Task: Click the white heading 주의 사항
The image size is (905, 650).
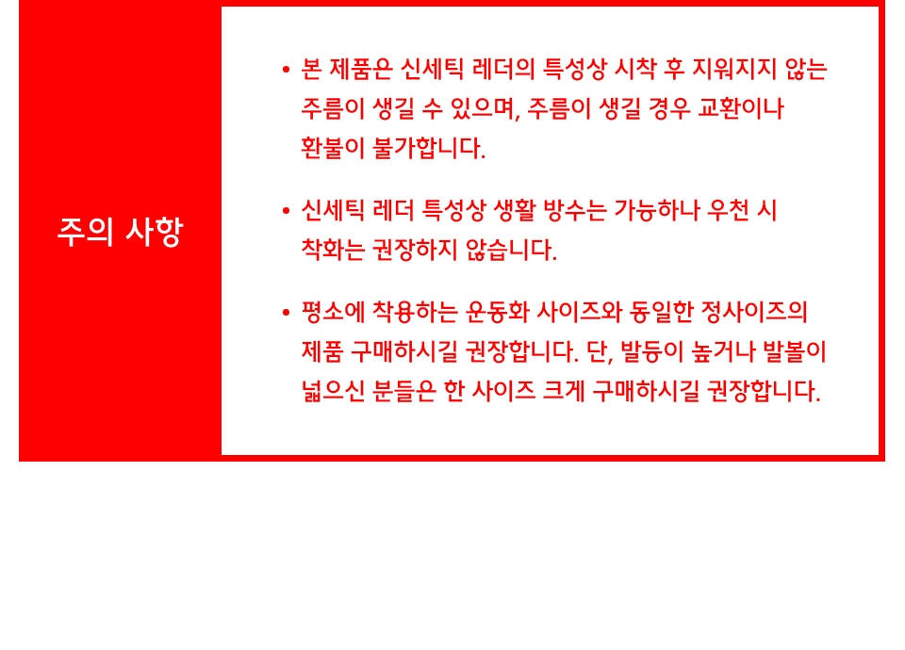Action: tap(120, 232)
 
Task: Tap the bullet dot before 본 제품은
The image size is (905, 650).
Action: tap(286, 71)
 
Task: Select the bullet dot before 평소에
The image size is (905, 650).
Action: tap(286, 313)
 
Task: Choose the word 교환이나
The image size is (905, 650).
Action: tap(741, 108)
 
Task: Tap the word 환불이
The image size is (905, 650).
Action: tap(333, 148)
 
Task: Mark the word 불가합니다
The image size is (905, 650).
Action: tap(429, 148)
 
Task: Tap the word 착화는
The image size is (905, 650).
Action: tap(333, 250)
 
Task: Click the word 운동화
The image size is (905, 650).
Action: tap(497, 312)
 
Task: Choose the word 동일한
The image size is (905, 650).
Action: tap(661, 312)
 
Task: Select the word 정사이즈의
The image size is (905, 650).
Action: tap(754, 312)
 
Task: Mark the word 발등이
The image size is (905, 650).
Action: tap(652, 351)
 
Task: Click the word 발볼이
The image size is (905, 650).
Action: tap(794, 351)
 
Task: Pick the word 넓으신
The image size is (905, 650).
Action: tap(333, 391)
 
